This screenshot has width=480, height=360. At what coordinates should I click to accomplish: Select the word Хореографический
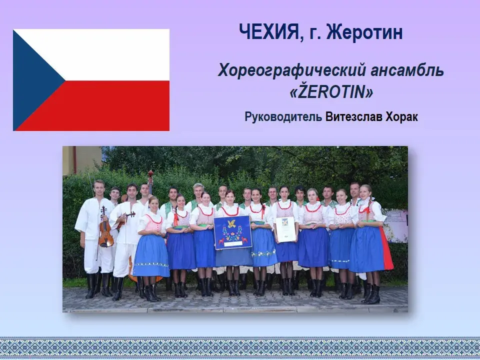click(x=291, y=70)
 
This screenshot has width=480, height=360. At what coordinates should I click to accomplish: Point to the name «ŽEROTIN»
click(x=331, y=92)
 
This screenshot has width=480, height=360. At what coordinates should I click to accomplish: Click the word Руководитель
click(x=283, y=117)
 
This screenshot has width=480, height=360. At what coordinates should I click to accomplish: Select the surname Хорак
click(x=401, y=117)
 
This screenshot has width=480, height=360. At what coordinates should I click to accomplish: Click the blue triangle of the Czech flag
click(x=33, y=80)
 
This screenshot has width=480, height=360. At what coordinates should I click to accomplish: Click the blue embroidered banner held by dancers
click(x=232, y=231)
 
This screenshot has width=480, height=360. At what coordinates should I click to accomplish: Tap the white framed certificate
click(x=285, y=229)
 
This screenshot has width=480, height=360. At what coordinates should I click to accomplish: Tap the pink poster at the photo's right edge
click(x=396, y=226)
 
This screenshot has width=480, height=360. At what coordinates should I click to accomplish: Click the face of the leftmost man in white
click(x=99, y=188)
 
